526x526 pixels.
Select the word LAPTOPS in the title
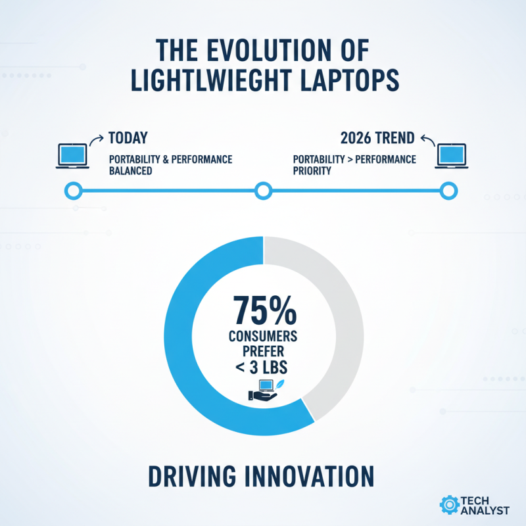351,80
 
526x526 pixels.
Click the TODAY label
128,138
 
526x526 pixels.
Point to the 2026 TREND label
377,138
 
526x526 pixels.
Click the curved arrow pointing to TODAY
97,139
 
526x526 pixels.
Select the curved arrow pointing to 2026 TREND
427,139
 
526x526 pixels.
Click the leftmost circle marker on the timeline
73,191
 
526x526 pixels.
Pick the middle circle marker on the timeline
263,191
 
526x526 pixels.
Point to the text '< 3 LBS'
264,367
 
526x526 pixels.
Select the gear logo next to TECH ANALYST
450,504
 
